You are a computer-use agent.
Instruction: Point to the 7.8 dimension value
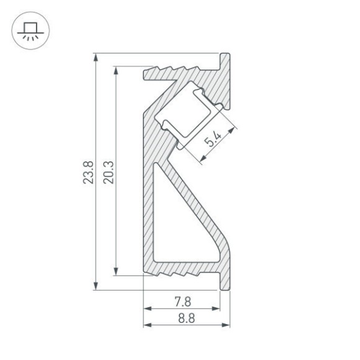point(182,302)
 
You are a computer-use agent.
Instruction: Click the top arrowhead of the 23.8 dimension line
point(96,56)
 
